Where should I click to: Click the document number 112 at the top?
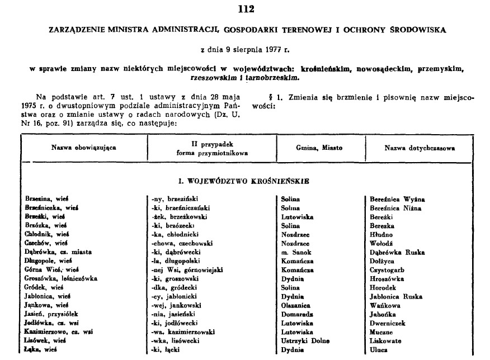point(245,8)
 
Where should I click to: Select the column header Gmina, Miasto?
point(320,148)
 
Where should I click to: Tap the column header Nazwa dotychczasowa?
point(420,148)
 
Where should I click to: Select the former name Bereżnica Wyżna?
point(397,199)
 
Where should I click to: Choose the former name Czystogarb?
point(389,270)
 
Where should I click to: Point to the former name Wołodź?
point(383,243)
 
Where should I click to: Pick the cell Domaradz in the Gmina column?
point(298,314)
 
